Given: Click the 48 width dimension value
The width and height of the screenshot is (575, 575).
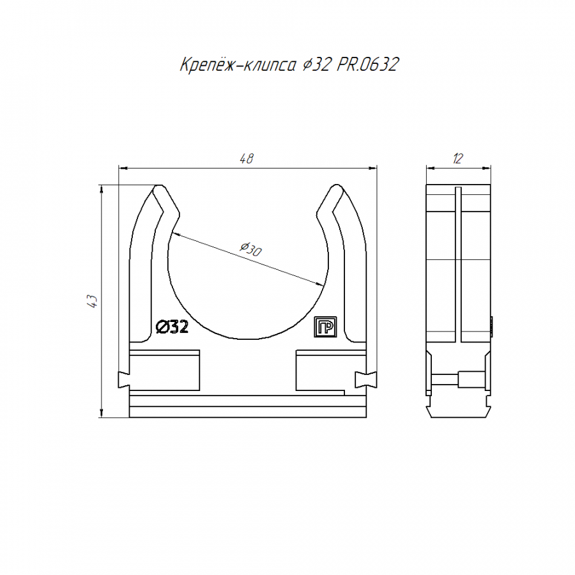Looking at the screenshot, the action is tap(247, 158).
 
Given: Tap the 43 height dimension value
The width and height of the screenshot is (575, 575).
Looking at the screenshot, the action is tap(93, 301).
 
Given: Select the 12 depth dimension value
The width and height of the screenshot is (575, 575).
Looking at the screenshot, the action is tap(457, 158).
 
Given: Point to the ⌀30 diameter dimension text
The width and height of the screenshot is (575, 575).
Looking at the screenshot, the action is tap(251, 249).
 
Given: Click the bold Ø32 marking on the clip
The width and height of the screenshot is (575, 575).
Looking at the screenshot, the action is tap(172, 326).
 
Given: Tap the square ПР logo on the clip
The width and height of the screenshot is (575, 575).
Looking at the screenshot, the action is tap(325, 326).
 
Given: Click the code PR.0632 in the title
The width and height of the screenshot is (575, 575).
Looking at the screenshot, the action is tap(367, 65).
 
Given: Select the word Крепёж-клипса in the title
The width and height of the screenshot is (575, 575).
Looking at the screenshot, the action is tap(238, 65).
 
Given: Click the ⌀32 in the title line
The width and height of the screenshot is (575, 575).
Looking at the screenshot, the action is tap(316, 65).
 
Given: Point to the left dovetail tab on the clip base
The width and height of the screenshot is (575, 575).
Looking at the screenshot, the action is tap(124, 380).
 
